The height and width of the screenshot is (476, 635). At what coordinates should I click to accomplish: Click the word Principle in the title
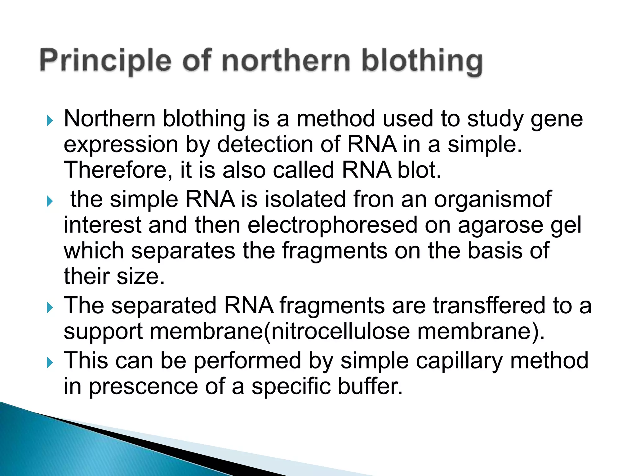(105, 60)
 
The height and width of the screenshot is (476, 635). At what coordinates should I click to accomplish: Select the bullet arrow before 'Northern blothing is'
(50, 120)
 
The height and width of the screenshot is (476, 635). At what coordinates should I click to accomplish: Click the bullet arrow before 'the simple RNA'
(50, 201)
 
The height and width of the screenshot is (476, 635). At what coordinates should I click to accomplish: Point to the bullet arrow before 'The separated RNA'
(50, 307)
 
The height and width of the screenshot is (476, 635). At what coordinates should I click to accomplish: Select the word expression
(121, 145)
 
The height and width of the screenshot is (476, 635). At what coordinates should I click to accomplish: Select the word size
(140, 276)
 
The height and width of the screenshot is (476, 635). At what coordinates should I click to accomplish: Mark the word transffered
(489, 306)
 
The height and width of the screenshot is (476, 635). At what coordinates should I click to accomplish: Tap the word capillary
(459, 361)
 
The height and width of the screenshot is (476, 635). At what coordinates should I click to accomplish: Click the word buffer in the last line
(370, 387)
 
